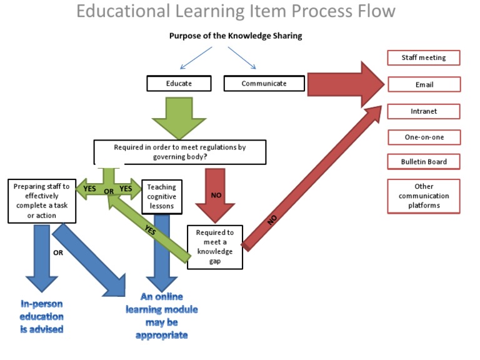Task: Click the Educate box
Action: (x=179, y=83)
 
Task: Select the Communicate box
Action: (x=264, y=83)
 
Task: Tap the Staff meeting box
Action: (x=423, y=58)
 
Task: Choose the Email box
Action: (x=423, y=84)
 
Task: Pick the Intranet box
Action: (x=423, y=111)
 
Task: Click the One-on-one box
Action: (x=423, y=137)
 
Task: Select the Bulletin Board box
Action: (x=423, y=162)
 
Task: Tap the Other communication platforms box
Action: (x=423, y=196)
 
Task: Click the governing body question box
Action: (x=179, y=152)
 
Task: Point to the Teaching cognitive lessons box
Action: (x=161, y=196)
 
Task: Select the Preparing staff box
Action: (x=42, y=201)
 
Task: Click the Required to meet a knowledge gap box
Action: (x=214, y=246)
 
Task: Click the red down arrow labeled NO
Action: (x=216, y=193)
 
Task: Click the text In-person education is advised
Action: (x=42, y=316)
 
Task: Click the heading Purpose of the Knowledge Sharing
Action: (x=235, y=36)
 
